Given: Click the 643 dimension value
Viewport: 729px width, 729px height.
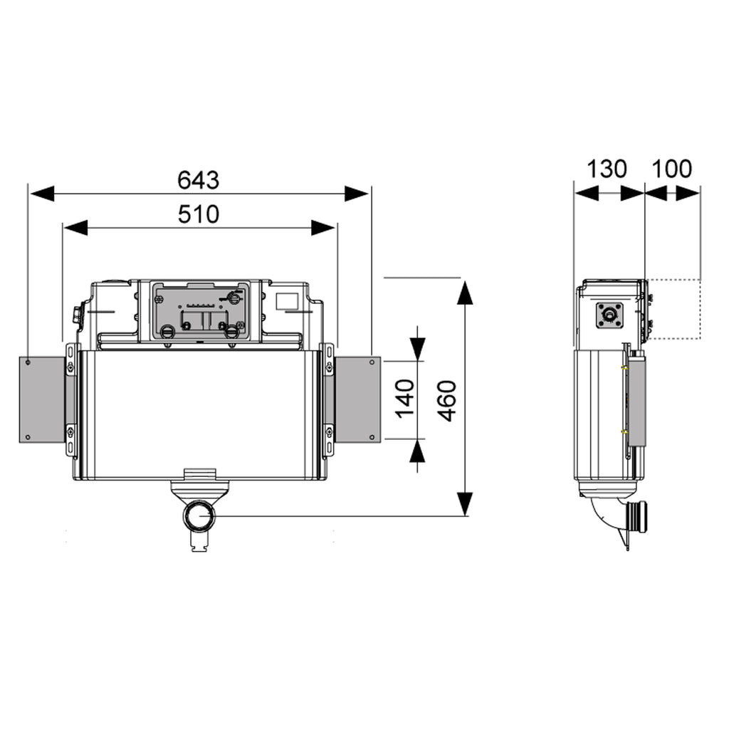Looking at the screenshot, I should click(x=199, y=181).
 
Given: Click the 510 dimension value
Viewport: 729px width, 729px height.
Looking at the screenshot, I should click(x=199, y=214).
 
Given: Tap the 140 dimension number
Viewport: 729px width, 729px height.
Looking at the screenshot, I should click(x=404, y=399).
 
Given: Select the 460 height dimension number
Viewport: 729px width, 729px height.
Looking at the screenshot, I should click(x=446, y=401).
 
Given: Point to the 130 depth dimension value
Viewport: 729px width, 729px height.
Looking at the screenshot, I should click(x=607, y=169).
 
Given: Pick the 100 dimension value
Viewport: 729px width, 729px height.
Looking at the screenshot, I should click(x=672, y=169).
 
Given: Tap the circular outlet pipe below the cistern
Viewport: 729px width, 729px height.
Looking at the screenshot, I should click(x=199, y=515).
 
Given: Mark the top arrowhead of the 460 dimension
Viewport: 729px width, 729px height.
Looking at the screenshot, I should click(x=464, y=293).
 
